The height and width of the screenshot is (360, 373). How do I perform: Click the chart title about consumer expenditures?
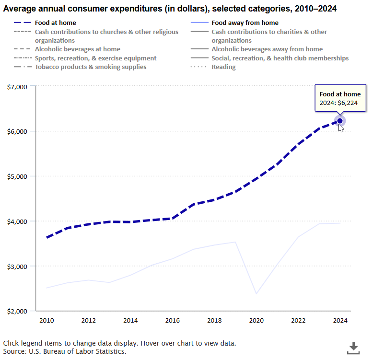(169, 8)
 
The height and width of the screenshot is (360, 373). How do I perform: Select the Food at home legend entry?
(55, 23)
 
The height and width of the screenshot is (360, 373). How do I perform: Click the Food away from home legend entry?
(245, 23)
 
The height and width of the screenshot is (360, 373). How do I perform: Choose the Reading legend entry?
(223, 67)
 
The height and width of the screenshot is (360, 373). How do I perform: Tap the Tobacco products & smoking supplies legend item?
(91, 67)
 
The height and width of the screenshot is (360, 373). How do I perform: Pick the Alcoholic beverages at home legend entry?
(77, 49)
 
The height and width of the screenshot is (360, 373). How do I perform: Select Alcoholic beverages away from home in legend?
(267, 49)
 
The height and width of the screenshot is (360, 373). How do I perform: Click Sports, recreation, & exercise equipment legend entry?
(95, 58)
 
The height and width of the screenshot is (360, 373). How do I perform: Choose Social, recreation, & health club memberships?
(280, 58)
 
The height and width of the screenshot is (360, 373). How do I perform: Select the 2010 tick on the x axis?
(47, 320)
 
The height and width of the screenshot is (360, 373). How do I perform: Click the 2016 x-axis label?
(172, 320)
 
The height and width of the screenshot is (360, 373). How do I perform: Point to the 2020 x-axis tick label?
(256, 320)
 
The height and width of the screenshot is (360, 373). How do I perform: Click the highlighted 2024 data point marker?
(340, 121)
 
